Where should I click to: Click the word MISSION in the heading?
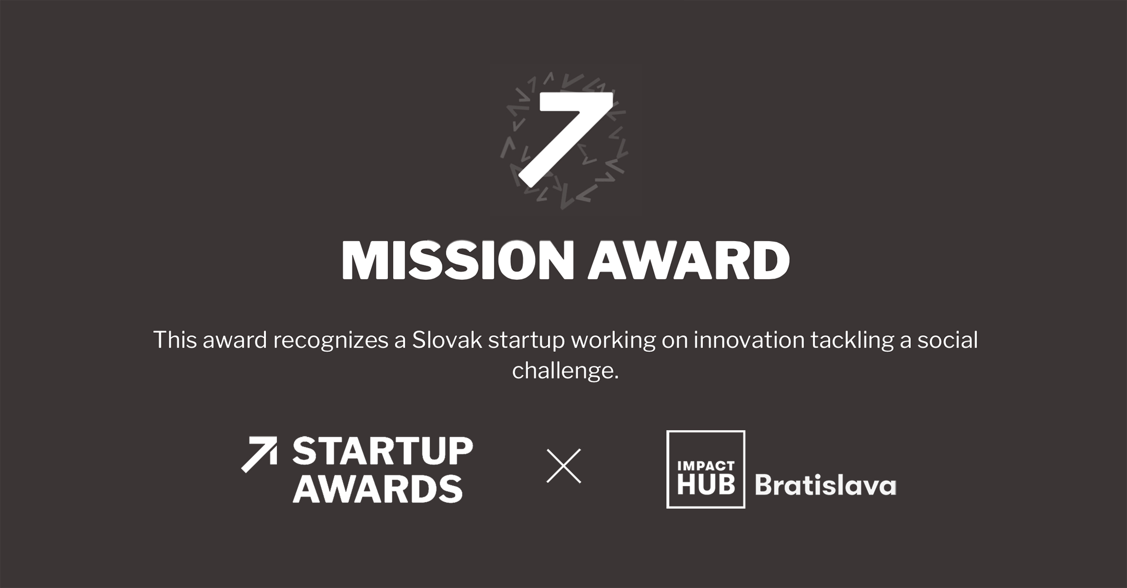tap(458, 261)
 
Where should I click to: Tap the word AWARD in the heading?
tap(688, 261)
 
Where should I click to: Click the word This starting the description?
tap(174, 340)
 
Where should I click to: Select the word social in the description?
tap(948, 340)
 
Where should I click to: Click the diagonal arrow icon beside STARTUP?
tap(259, 454)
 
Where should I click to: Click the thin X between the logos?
tap(563, 466)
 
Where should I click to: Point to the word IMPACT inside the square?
tap(706, 465)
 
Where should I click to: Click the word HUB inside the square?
tap(706, 484)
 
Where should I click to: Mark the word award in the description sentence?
tap(235, 340)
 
